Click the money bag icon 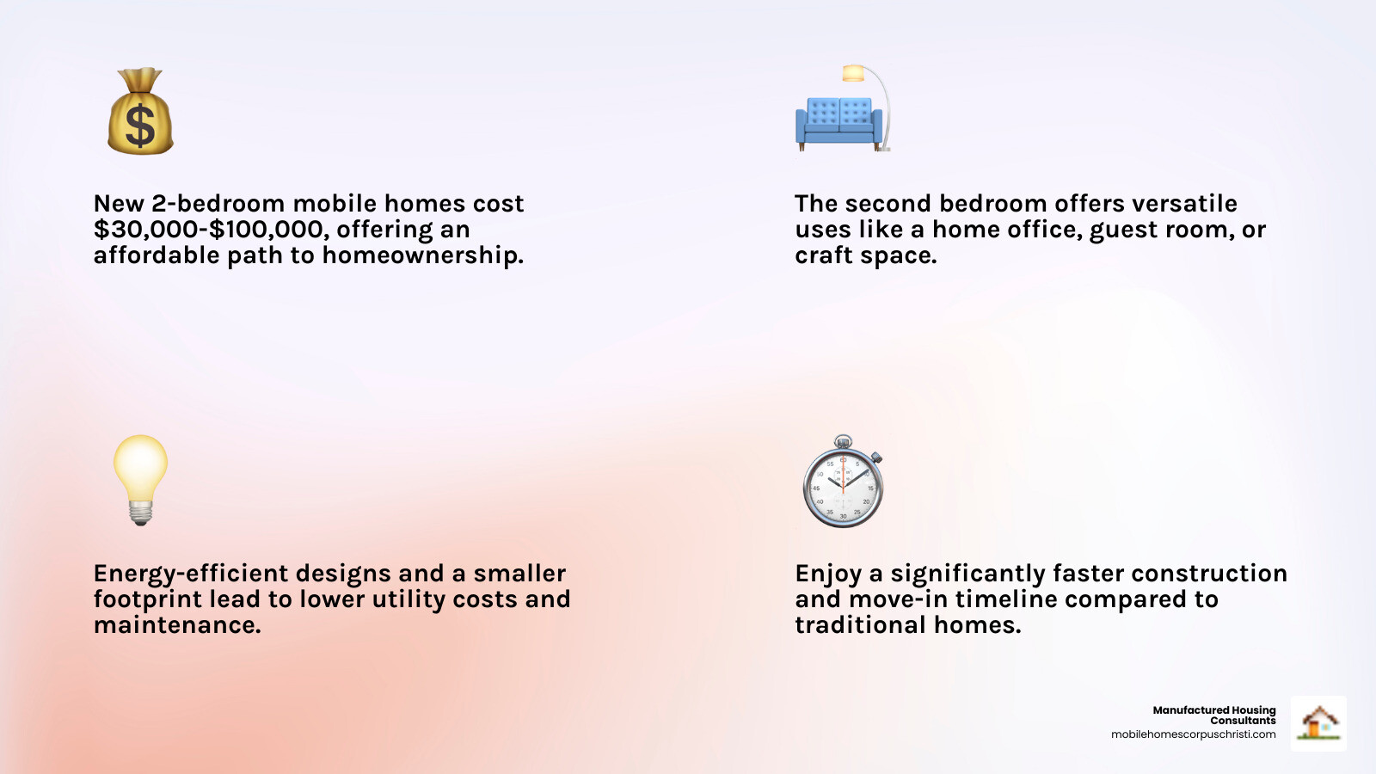140,111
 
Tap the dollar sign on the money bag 140,126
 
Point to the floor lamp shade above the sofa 852,73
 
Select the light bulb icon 141,480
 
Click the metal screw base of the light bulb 141,513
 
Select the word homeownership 422,255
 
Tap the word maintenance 177,625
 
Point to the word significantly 967,574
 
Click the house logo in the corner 1318,723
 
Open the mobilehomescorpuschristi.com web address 1194,734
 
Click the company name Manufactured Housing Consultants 1214,715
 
